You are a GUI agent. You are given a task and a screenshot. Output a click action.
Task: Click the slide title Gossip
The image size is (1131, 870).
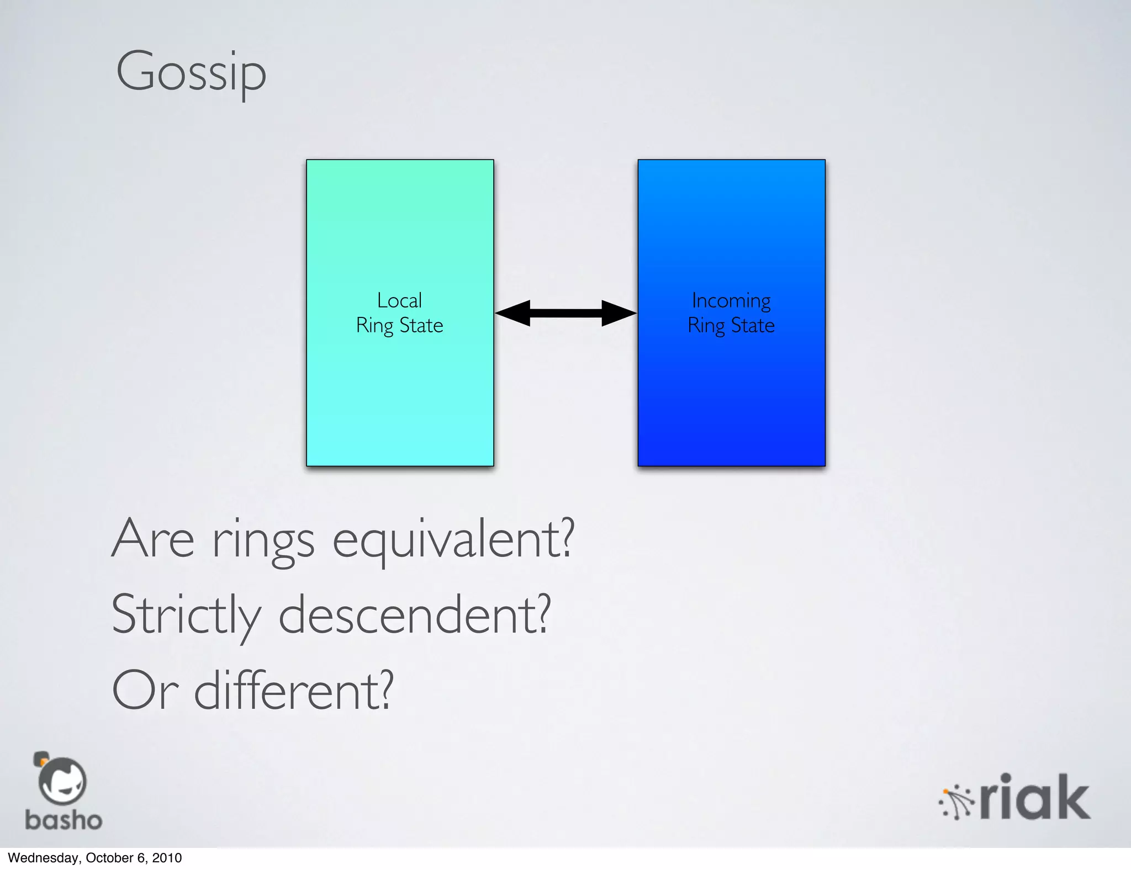191,72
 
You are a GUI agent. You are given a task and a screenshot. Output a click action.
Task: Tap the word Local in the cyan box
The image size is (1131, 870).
399,301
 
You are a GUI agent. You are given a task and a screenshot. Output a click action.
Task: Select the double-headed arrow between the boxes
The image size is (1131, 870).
565,313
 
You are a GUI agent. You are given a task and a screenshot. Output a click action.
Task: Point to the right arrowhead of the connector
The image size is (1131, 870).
619,313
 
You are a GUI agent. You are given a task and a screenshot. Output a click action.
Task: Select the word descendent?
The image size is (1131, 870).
415,614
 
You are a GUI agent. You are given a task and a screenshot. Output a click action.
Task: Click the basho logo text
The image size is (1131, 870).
64,820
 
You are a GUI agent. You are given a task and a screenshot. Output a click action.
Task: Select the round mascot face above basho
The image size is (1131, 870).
61,781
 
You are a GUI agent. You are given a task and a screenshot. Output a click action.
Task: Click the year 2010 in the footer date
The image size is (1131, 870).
167,858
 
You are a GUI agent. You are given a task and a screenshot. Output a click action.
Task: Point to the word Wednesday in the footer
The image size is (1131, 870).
43,858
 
